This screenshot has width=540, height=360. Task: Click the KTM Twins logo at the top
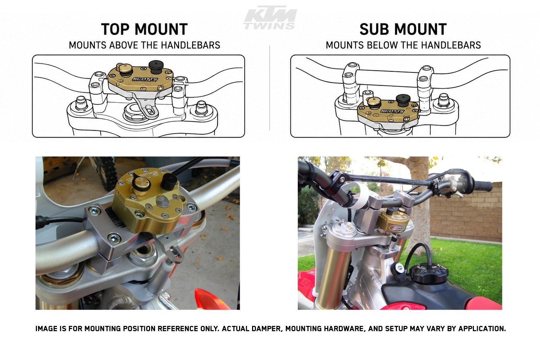[x=270, y=18]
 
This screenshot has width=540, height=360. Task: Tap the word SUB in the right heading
[x=374, y=30]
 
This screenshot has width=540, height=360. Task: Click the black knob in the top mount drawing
[x=156, y=67]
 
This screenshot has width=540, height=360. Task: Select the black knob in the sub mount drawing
[x=403, y=100]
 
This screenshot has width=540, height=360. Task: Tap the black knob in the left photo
[x=169, y=182]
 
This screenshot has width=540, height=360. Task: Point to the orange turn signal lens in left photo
[x=210, y=299]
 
